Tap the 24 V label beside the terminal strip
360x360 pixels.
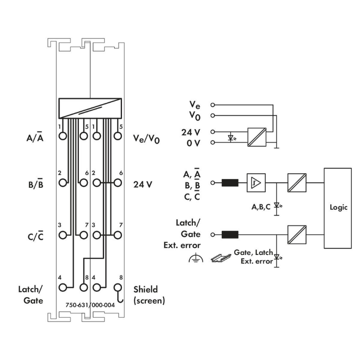coord(143,183)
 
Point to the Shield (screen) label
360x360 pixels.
coord(149,295)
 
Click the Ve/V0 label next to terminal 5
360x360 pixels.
coord(147,139)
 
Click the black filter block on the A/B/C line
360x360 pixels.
coord(231,182)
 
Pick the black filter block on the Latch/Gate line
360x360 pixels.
coord(231,235)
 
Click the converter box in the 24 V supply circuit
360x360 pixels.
coord(255,137)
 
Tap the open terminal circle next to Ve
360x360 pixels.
coord(213,104)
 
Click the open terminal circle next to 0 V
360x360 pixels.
coord(213,143)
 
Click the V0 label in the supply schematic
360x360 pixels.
coord(192,115)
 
